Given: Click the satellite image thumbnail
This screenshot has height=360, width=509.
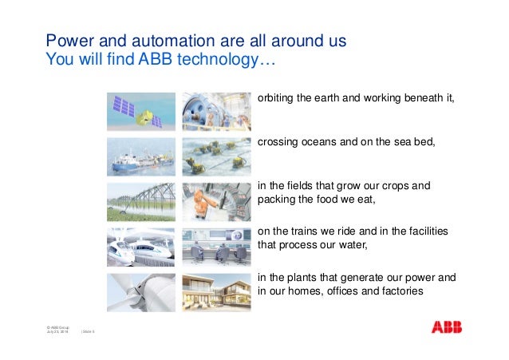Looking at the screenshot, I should [141, 111].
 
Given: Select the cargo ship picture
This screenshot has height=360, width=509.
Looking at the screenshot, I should [141, 156].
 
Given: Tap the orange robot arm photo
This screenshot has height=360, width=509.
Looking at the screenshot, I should [216, 201].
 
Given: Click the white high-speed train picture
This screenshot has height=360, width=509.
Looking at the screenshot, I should [141, 247].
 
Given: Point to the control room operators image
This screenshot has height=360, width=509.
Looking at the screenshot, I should [216, 247].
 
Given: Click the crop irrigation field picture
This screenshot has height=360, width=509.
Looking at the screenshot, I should [141, 201].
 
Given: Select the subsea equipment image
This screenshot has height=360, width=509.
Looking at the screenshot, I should [216, 156].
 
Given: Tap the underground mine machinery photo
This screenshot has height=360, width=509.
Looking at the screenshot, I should [216, 111].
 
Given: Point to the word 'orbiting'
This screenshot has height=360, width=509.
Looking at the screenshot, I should [275, 98].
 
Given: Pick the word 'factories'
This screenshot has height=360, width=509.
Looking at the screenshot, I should [398, 291].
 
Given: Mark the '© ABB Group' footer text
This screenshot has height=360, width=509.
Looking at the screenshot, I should [58, 328].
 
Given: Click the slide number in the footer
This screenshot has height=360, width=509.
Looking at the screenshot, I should [88, 333].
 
